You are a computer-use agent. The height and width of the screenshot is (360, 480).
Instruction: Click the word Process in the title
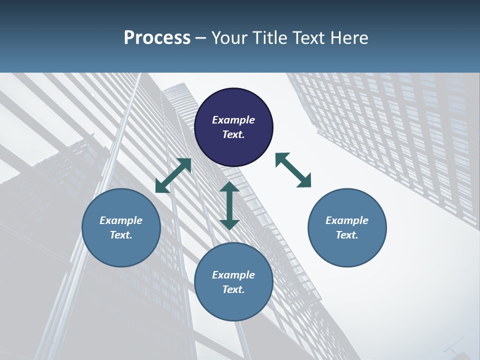tap(157, 38)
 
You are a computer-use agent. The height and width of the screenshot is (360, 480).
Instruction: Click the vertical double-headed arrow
tap(229, 205)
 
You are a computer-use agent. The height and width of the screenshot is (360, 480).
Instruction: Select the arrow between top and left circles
tap(173, 175)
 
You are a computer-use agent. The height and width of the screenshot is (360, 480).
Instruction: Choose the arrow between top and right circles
tap(293, 170)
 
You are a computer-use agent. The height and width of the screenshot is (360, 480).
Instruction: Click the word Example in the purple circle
tap(233, 120)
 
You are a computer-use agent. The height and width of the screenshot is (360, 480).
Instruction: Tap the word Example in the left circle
tap(121, 220)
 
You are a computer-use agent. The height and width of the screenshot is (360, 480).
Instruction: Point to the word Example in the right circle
tap(347, 220)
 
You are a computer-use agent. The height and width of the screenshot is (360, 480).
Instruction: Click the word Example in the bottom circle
tap(233, 275)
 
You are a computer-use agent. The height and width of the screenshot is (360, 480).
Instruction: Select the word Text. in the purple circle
tap(233, 134)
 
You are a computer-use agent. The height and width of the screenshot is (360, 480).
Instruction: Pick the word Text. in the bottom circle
tap(233, 289)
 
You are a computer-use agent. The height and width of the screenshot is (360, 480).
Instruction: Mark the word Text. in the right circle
tap(347, 235)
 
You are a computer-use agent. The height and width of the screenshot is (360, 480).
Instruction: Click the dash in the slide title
tap(200, 38)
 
